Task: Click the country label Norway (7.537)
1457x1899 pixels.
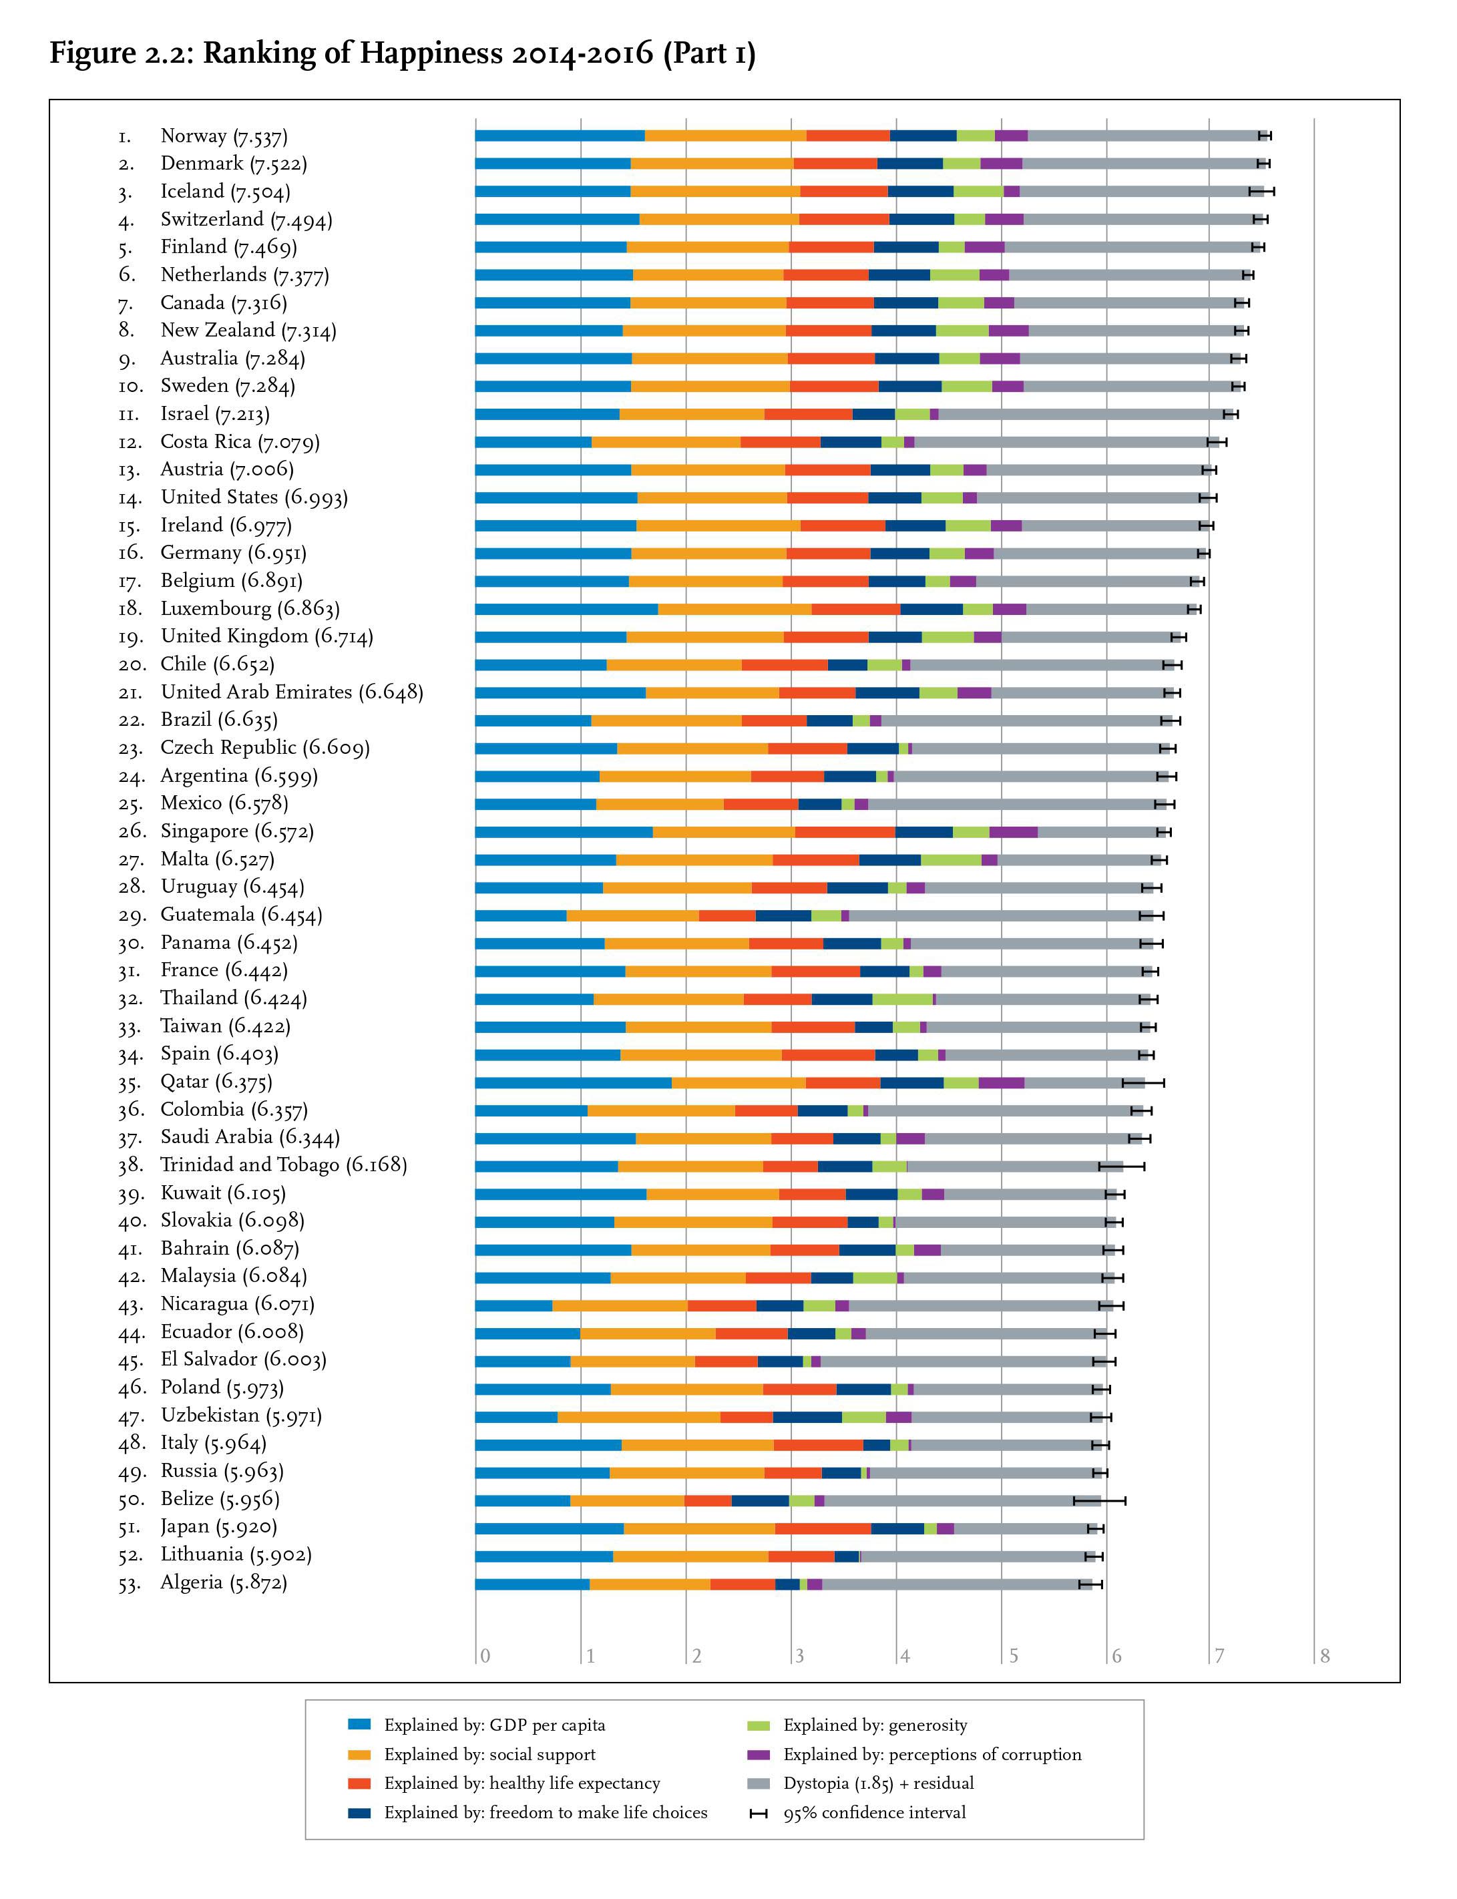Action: pos(224,136)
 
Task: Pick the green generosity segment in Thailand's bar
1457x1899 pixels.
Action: pos(902,999)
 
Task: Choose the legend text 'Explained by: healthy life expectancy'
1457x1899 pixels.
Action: pos(522,1783)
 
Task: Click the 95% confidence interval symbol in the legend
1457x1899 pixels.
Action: pos(758,1812)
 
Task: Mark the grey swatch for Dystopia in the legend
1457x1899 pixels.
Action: pos(758,1783)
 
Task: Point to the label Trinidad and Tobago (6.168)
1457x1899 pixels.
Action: pos(284,1165)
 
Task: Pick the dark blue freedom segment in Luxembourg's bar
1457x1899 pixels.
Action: pos(931,609)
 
